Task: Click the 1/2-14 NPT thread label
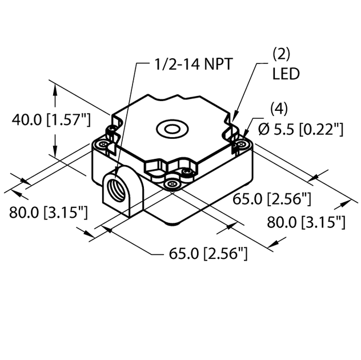pos(191,64)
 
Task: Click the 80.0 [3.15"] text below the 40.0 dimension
pos(48,213)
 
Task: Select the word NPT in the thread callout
pos(215,64)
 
